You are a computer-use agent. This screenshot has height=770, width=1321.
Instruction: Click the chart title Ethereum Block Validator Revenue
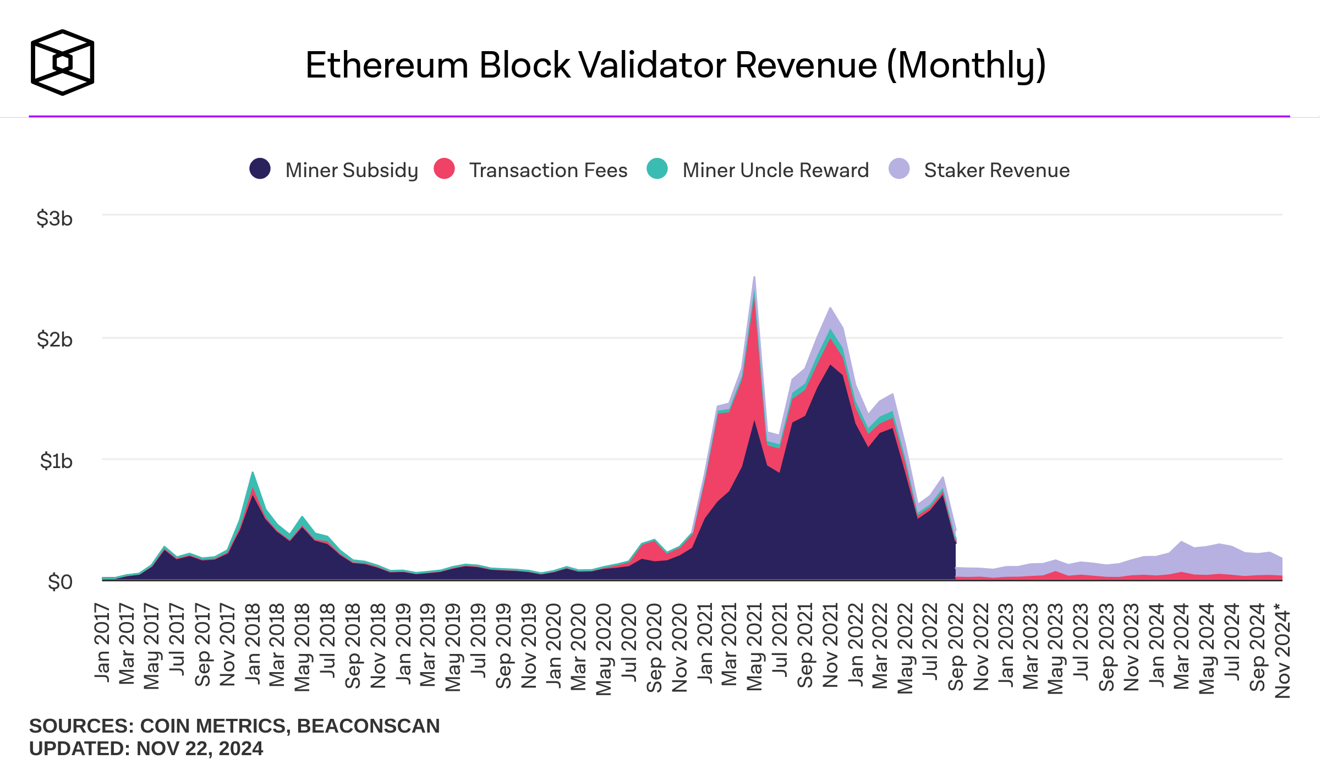tap(676, 65)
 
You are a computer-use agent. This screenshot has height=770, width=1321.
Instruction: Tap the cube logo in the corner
tap(62, 62)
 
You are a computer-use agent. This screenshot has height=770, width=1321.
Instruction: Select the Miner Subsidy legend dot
tap(260, 169)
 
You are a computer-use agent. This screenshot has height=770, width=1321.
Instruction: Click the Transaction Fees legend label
tap(548, 170)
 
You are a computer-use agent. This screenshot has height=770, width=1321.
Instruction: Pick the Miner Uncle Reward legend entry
tap(775, 170)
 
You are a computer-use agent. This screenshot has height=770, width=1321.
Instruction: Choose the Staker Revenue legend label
tap(996, 170)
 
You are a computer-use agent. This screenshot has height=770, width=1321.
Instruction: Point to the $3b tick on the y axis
tap(54, 219)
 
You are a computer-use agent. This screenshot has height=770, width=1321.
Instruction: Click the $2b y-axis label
tap(54, 340)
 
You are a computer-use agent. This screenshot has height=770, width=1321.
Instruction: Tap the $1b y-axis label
tap(56, 461)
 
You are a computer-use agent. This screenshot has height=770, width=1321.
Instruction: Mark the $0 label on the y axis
tap(60, 582)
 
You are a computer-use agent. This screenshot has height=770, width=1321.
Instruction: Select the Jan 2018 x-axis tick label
tap(253, 643)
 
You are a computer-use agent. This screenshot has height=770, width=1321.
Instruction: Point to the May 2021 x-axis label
tap(754, 646)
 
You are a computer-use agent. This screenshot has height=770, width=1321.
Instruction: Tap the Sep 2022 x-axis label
tap(956, 647)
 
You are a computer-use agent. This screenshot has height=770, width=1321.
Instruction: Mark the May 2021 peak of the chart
tap(754, 278)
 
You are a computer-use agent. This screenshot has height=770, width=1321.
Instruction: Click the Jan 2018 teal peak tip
tap(253, 472)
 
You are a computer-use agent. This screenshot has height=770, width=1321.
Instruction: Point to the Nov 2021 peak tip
tap(830, 308)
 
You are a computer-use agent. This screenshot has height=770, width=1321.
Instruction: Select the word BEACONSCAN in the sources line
tap(368, 726)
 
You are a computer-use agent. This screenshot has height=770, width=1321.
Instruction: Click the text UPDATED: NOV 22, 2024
tap(146, 749)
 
